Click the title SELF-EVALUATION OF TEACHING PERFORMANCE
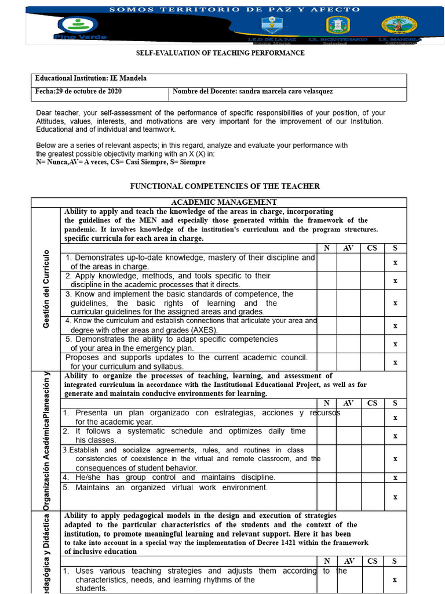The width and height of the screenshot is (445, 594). coord(220,53)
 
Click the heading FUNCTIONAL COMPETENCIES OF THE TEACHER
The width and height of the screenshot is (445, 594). coord(225,186)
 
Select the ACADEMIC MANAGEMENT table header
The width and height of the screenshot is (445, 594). coord(224,202)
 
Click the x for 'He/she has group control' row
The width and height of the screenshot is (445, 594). coord(395,478)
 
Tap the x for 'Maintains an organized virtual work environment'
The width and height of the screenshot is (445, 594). coord(395,497)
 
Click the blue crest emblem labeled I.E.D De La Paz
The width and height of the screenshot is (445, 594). coord(269,25)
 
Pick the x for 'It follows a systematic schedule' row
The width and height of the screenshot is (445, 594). coord(395,436)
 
